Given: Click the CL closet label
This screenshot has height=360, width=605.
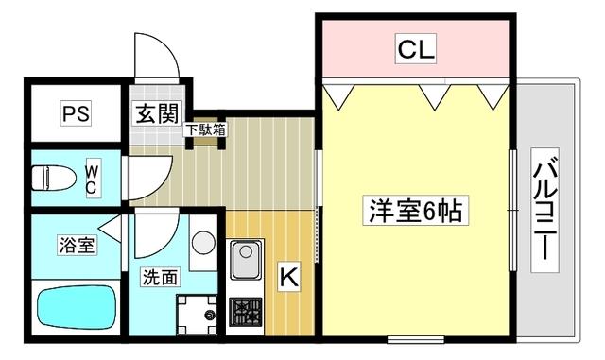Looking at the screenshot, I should click(x=415, y=50).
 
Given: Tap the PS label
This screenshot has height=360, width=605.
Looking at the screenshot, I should click(x=76, y=114).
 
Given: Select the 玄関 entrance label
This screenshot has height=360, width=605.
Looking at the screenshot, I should click(x=157, y=114).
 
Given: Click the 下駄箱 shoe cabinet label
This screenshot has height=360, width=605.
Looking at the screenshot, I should click(x=205, y=129).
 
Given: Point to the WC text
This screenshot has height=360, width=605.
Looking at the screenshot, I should click(x=92, y=179).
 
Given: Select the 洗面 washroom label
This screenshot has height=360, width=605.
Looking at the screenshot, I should click(x=160, y=277).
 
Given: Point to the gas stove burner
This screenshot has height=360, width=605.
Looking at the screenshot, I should click(x=245, y=309).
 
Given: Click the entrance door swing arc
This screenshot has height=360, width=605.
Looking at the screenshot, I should click(x=157, y=63).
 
